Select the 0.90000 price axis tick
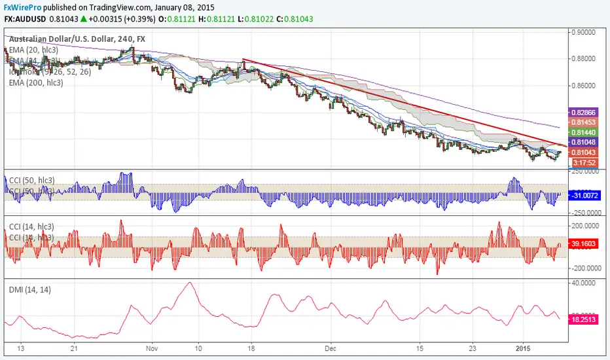click(x=586, y=31)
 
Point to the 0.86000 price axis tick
click(x=586, y=86)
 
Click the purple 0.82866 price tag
click(x=583, y=113)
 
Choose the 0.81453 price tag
click(x=583, y=122)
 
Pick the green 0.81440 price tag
click(x=583, y=132)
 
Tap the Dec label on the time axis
click(x=333, y=348)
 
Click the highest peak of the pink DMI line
click(x=190, y=283)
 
